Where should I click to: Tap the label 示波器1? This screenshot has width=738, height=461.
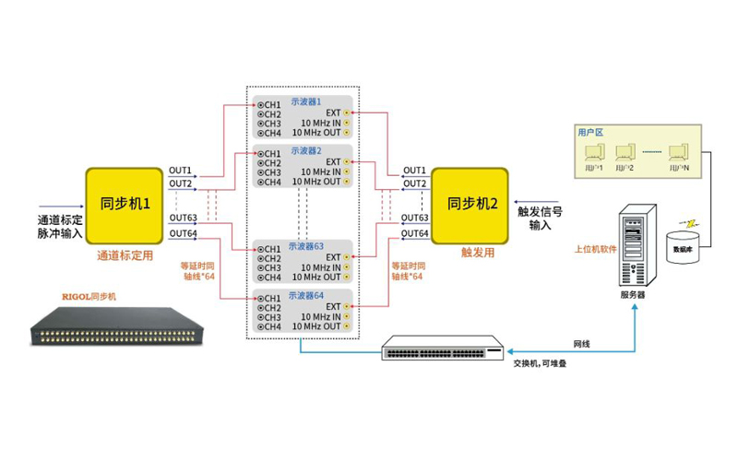pos(305,101)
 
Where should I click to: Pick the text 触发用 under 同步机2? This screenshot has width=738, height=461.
pos(471,250)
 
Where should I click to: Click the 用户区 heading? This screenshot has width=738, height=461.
pos(589,132)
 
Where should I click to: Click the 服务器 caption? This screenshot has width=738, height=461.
pos(632,296)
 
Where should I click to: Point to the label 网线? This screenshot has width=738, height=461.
pos(582,344)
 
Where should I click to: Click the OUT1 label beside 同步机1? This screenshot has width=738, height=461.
pos(181,171)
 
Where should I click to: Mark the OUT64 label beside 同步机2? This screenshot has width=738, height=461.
pos(415,233)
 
